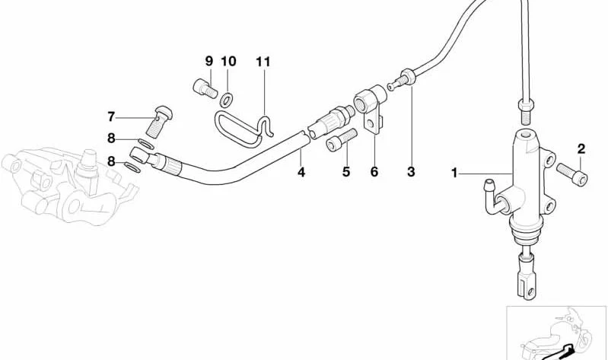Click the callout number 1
(x=454, y=173)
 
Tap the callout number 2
(x=581, y=148)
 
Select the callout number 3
(x=411, y=171)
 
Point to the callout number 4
(x=301, y=172)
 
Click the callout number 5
(x=346, y=171)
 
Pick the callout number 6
(x=374, y=171)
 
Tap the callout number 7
(x=111, y=116)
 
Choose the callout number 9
(x=209, y=61)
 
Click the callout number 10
(x=228, y=61)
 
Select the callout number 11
(x=263, y=62)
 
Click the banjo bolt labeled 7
(x=160, y=121)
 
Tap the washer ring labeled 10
(x=227, y=100)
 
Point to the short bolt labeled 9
(x=205, y=88)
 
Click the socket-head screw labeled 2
(x=572, y=174)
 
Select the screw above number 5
(x=342, y=139)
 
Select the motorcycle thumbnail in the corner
(x=557, y=333)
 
